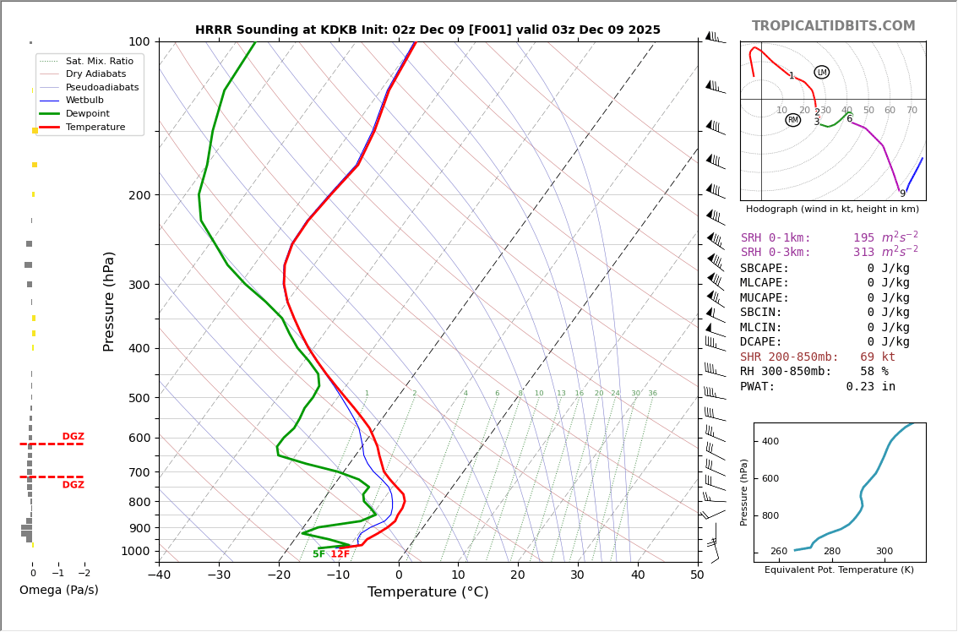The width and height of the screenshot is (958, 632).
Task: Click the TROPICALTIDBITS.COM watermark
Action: [x=833, y=26]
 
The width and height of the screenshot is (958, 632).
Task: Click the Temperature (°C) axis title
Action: [x=427, y=592]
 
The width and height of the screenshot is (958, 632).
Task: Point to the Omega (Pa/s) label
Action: [x=58, y=590]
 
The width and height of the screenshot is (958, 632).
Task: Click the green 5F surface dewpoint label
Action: [x=318, y=554]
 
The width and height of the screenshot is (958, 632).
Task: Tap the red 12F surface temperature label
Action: [x=340, y=554]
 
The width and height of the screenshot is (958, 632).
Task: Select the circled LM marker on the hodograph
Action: [x=822, y=73]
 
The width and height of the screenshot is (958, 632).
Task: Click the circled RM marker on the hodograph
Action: [x=792, y=120]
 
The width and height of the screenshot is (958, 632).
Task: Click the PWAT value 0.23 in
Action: [x=870, y=386]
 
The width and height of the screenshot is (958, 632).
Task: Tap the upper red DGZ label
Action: [x=73, y=437]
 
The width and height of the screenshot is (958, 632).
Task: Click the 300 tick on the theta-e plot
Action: [x=884, y=552]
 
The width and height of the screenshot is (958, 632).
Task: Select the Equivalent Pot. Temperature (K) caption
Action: [x=839, y=570]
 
